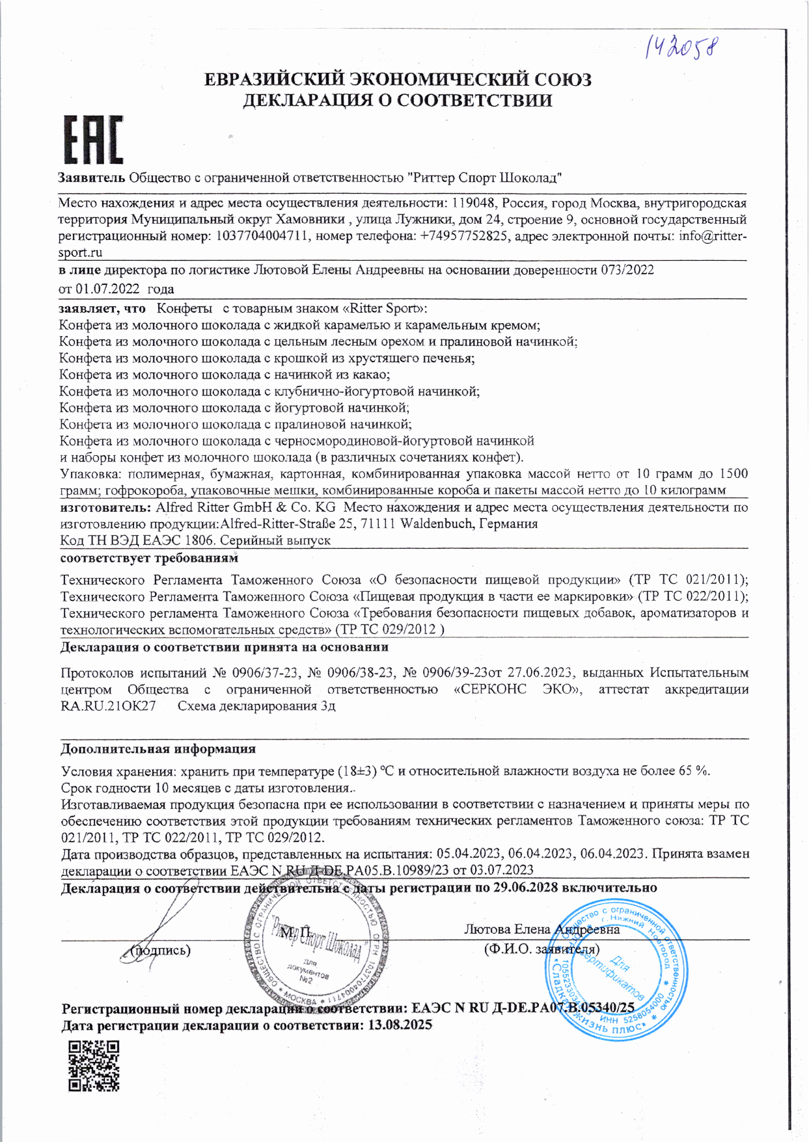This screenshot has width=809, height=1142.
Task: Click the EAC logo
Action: tap(92, 140)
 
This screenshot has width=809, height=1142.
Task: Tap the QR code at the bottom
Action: tap(94, 1065)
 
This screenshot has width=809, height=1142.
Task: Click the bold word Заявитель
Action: tap(91, 178)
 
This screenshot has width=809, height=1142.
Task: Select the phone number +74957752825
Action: tap(464, 236)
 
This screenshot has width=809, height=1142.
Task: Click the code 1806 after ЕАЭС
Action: tap(200, 540)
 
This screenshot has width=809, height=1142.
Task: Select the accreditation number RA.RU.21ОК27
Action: tap(108, 706)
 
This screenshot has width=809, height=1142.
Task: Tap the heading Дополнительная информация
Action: tap(158, 749)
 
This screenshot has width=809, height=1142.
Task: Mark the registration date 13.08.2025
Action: tap(400, 1026)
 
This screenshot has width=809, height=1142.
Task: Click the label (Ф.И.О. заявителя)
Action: tap(542, 949)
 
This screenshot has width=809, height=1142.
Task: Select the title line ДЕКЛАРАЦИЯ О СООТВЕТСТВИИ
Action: tap(398, 100)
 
